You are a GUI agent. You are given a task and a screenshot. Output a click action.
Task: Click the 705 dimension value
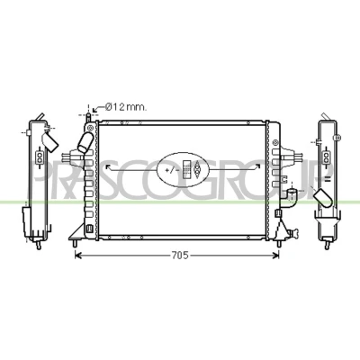coord(180,256)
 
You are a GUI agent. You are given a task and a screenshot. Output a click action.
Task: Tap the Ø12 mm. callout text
coord(126,107)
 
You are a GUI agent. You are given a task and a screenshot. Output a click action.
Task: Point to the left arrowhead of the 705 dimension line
coord(77,256)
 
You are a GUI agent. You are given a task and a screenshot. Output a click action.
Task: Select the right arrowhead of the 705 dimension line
coord(275,256)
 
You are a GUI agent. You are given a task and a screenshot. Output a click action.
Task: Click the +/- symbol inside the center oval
coord(170,170)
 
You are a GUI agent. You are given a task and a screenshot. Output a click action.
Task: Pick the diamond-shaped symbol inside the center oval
coord(197,170)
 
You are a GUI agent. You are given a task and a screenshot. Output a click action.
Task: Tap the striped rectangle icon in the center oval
coord(187,170)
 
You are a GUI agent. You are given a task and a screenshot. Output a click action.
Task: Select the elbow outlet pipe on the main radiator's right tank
coord(291,197)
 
